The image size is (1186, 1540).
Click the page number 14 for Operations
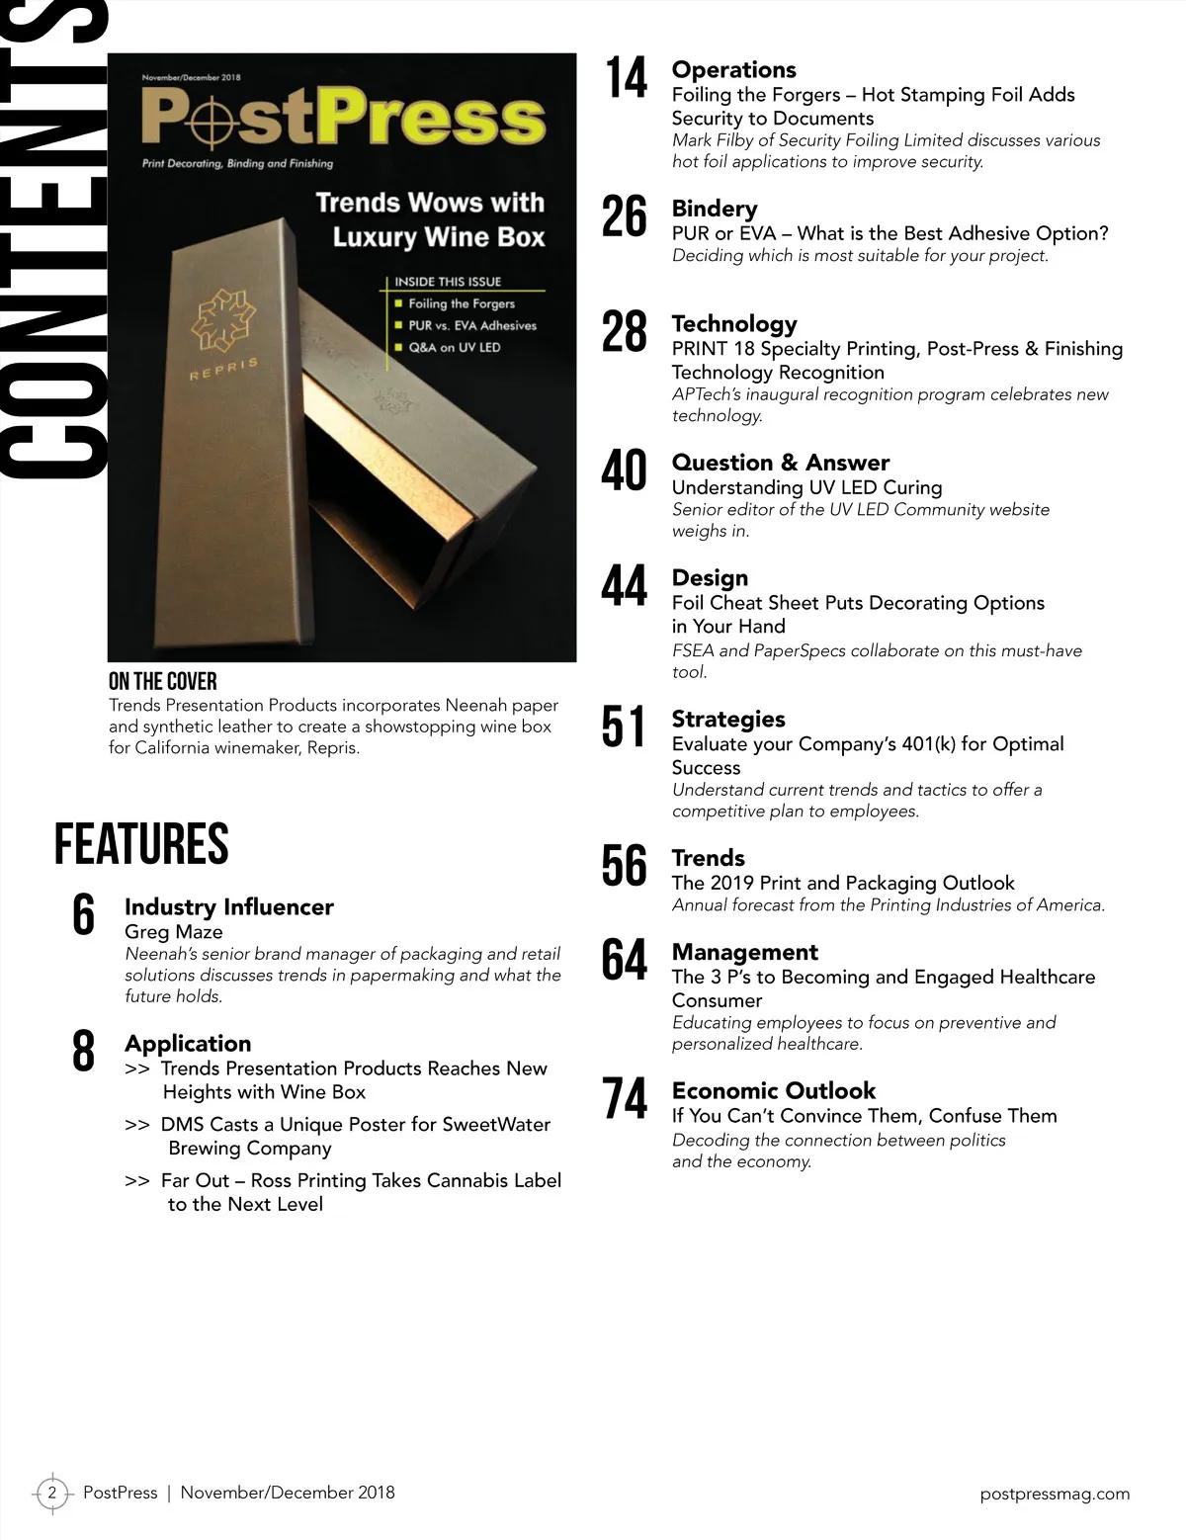pos(626,79)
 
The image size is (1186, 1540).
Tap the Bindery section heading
pos(714,209)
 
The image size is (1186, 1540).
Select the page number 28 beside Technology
pos(625,332)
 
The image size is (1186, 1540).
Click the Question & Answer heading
pos(780,463)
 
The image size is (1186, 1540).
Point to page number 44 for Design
pos(625,586)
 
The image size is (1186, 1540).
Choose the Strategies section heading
pos(727,719)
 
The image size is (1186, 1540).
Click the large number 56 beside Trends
pos(625,866)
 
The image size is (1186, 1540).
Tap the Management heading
pos(744,952)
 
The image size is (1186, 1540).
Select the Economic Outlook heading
pos(773,1090)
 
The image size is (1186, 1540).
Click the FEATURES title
pos(141,845)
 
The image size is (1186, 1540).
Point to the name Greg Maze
pos(173,931)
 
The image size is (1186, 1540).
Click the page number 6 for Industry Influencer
pos(84,915)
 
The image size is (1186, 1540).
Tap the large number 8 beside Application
pos(84,1051)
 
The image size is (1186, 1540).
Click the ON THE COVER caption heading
pos(162,681)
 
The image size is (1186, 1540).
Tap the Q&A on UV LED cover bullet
pos(454,347)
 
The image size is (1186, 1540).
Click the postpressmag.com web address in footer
pos(1054,1494)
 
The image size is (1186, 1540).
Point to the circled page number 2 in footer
pos(52,1493)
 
